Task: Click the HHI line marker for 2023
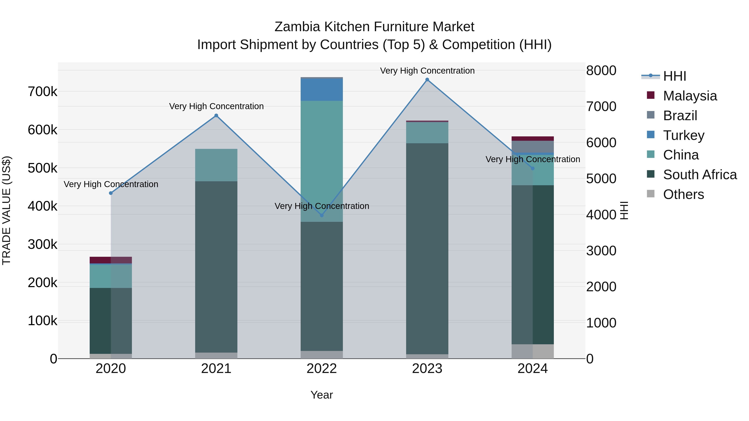pos(427,80)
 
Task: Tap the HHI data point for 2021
pos(216,116)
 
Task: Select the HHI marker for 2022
pos(322,215)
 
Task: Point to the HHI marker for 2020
pos(111,193)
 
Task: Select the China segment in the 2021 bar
pos(216,165)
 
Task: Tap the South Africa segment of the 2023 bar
pos(427,248)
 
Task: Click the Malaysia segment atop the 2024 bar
pos(533,139)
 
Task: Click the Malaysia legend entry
pos(690,96)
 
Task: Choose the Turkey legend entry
pos(684,135)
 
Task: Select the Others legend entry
pos(683,194)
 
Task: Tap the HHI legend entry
pos(675,76)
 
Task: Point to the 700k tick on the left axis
pos(42,92)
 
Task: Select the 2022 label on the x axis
pos(322,369)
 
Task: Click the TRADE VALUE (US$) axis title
pos(7,210)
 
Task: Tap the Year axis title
pos(322,395)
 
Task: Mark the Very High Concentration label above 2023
pos(427,71)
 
